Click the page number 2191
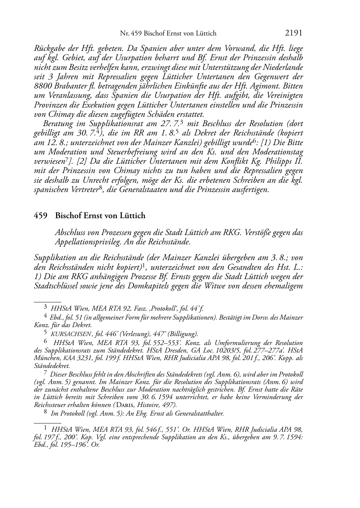(x=294, y=33)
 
